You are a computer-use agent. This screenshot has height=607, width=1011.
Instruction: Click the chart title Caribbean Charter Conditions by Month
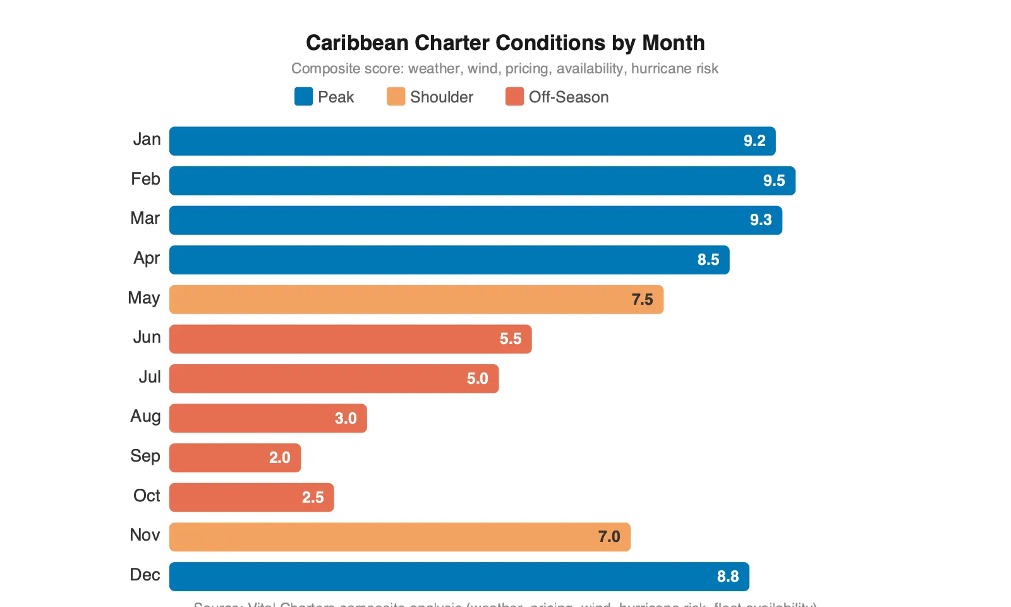click(505, 42)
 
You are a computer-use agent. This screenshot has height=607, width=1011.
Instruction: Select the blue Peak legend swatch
click(303, 97)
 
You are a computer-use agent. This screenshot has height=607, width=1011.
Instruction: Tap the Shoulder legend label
click(441, 97)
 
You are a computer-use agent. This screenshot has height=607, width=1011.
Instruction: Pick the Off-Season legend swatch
click(514, 97)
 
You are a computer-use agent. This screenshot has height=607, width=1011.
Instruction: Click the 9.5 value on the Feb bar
click(773, 181)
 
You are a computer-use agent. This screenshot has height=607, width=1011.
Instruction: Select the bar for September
click(235, 458)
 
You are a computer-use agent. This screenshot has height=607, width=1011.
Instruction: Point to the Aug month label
click(145, 416)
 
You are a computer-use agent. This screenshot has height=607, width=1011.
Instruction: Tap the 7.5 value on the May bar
click(642, 300)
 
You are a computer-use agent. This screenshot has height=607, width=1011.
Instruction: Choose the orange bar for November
click(399, 537)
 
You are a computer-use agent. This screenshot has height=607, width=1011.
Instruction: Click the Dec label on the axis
click(145, 575)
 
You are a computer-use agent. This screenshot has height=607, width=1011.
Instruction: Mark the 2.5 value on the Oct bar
click(313, 498)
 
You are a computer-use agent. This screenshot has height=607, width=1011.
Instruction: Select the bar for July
click(334, 379)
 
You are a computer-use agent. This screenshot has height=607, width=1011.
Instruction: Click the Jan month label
click(147, 139)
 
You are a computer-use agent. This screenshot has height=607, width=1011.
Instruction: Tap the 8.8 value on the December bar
click(727, 577)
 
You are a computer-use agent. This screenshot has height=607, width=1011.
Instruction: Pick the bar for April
click(449, 260)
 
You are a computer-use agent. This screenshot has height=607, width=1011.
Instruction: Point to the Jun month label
click(147, 337)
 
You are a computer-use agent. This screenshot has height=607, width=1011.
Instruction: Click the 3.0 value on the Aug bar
click(346, 419)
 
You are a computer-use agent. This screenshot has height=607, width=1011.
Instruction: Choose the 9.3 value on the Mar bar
click(761, 220)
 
